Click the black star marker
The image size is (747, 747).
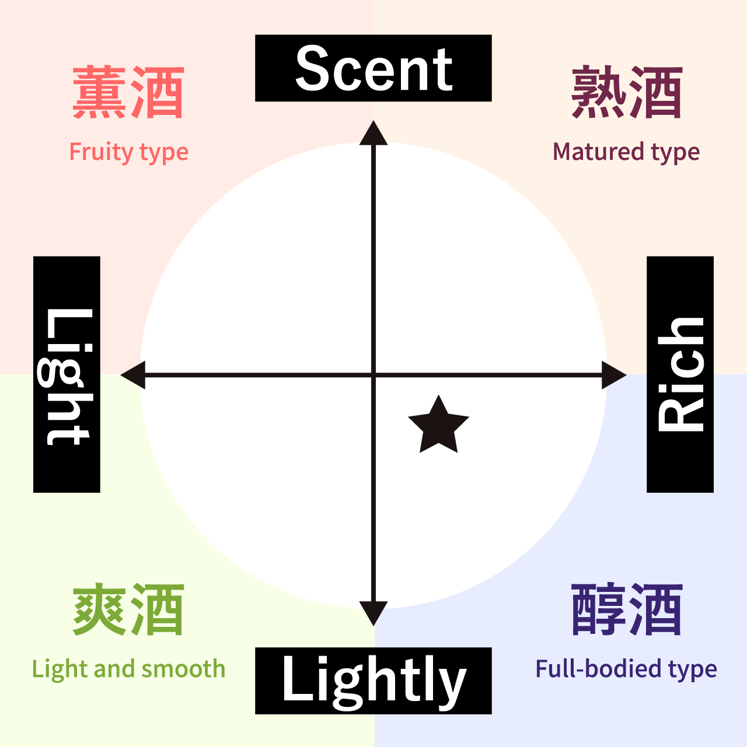pyautogui.click(x=438, y=426)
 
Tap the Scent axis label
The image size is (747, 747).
pyautogui.click(x=373, y=68)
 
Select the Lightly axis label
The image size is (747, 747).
pyautogui.click(x=373, y=681)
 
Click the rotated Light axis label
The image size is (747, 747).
pyautogui.click(x=67, y=374)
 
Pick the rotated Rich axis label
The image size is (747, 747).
pyautogui.click(x=680, y=374)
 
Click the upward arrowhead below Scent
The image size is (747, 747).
pyautogui.click(x=373, y=134)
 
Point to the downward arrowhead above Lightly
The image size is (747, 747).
pyautogui.click(x=373, y=613)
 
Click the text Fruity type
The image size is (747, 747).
pyautogui.click(x=129, y=152)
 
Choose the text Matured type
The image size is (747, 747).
pyautogui.click(x=626, y=152)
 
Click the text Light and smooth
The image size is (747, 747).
pyautogui.click(x=129, y=669)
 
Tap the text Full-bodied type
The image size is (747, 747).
pyautogui.click(x=626, y=669)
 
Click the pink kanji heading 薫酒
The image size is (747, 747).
pyautogui.click(x=128, y=92)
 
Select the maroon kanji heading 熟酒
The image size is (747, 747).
pyautogui.click(x=627, y=92)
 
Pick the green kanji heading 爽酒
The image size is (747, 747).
pyautogui.click(x=128, y=609)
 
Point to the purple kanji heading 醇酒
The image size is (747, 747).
pyautogui.click(x=627, y=609)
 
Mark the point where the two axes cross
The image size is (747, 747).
pyautogui.click(x=373, y=375)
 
